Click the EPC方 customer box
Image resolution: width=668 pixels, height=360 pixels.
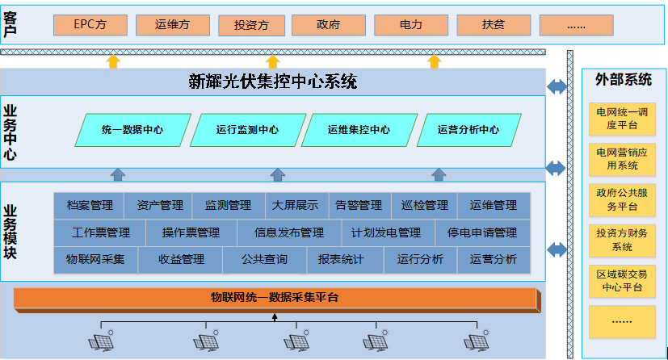click(90, 25)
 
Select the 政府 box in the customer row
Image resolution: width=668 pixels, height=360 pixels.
click(328, 25)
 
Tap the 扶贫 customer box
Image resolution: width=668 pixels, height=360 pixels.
click(493, 25)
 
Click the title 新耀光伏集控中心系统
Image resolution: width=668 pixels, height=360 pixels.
click(272, 82)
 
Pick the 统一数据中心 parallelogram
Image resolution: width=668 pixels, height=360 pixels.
click(133, 130)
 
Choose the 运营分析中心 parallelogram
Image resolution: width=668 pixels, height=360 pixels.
click(468, 130)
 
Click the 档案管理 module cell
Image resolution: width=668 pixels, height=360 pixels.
click(90, 206)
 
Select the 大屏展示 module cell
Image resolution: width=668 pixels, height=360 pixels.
click(295, 206)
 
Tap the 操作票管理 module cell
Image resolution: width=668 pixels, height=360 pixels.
click(191, 232)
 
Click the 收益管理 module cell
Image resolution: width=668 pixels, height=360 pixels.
click(180, 260)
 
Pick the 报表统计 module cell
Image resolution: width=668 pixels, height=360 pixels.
click(340, 260)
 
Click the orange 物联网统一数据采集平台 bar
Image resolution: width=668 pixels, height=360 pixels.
click(275, 299)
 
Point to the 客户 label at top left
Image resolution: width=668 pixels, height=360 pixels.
click(11, 25)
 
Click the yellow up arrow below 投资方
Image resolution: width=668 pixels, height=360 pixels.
click(273, 60)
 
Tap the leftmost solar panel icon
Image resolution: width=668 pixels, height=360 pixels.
click(103, 341)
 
